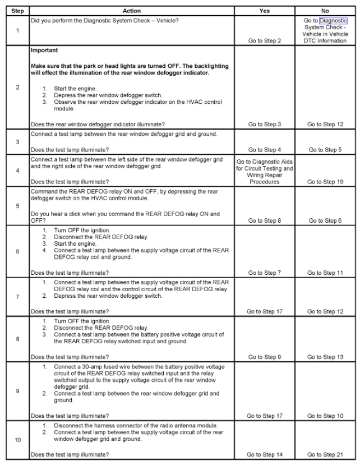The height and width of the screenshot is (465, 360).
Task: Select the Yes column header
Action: pos(265,11)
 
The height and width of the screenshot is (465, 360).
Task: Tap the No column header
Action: pos(326,11)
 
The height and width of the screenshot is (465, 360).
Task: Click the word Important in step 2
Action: pos(44,50)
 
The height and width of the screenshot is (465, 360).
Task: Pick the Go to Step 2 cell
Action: pos(265,41)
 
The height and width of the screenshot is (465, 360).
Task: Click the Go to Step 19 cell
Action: pos(326,182)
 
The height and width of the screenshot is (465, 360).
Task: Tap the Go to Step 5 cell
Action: pos(326,150)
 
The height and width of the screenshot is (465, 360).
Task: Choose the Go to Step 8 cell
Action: pos(265,221)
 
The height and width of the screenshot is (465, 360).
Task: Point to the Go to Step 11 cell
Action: pos(326,273)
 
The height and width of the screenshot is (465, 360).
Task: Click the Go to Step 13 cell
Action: pos(326,357)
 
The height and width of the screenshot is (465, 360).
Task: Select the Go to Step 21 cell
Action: pos(326,454)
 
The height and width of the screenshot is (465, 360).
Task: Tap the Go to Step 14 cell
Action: pos(265,454)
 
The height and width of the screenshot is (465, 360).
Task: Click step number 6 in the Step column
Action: pos(15,251)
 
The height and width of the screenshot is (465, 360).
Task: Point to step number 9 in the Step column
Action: pos(15,392)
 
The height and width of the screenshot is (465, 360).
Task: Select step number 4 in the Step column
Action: pos(15,171)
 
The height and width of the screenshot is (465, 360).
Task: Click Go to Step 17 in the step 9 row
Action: pos(265,416)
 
